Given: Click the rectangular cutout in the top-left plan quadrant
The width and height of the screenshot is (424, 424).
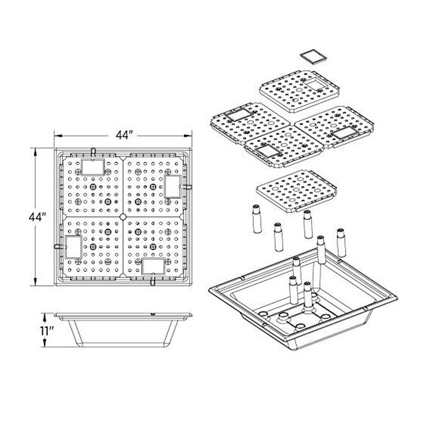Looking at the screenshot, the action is coord(93,167).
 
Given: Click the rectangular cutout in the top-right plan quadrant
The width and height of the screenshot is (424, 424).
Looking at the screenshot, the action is coord(173,186).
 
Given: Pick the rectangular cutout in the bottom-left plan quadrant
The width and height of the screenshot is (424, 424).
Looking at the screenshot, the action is coord(74,247).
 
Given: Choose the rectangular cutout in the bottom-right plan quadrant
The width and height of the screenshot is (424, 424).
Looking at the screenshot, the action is coord(153,266).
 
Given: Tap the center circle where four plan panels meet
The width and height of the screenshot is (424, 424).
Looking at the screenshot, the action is coord(123,217).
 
